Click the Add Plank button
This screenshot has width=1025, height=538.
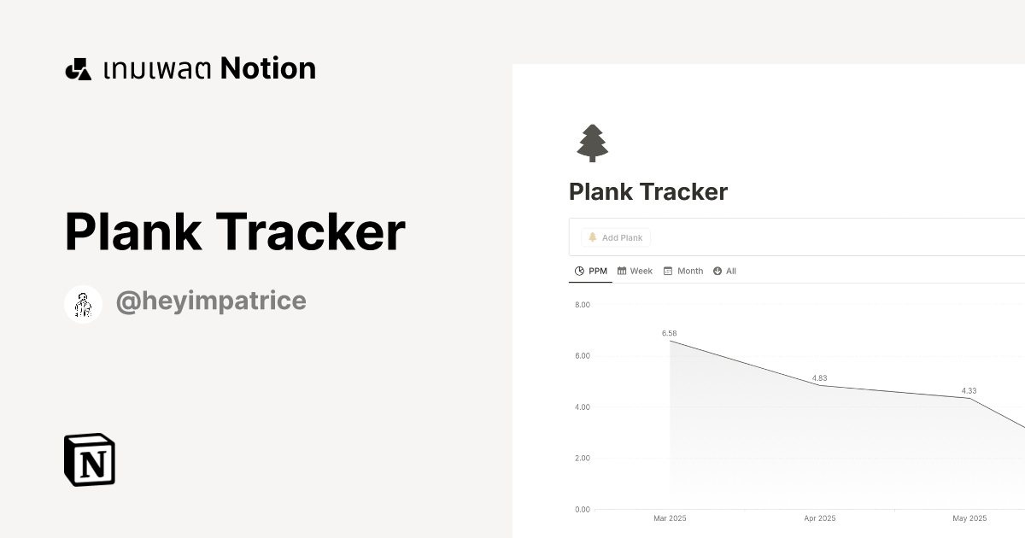[616, 237]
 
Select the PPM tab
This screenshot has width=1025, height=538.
[591, 271]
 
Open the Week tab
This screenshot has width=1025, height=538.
[635, 271]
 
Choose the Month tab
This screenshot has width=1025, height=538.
[683, 271]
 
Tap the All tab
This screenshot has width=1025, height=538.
[724, 271]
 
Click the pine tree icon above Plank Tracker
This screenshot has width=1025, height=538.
[592, 143]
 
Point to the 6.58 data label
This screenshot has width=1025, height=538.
[669, 333]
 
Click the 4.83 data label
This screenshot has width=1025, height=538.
[819, 377]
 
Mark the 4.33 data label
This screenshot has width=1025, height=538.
[969, 390]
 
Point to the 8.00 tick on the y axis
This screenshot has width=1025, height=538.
[583, 304]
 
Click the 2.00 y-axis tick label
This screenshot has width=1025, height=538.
[583, 458]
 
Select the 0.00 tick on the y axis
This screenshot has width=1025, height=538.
[583, 509]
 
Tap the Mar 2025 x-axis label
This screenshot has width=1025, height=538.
[670, 518]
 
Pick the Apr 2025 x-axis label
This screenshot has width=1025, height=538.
[820, 518]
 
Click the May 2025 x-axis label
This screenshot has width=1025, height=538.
[969, 518]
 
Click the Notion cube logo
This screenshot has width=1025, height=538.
[90, 459]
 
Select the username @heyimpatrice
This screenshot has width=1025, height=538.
[211, 301]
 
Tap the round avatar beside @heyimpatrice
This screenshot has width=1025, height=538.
[84, 304]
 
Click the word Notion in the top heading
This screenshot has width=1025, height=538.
[268, 68]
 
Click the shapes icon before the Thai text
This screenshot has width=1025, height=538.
[78, 69]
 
